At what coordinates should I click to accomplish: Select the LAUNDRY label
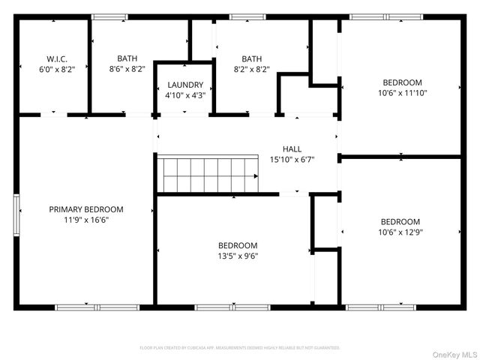pos(184,85)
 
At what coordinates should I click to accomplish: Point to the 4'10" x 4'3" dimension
pos(184,95)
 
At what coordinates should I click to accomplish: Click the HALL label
pos(292,148)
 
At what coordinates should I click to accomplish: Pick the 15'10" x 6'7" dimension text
pos(292,159)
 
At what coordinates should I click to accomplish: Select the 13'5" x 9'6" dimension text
pos(238,256)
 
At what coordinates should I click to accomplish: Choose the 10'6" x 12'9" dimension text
pos(400,232)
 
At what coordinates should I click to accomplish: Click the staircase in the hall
pos(210,175)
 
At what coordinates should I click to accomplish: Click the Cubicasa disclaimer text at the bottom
pos(240,348)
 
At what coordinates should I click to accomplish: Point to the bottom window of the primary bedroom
pos(97,307)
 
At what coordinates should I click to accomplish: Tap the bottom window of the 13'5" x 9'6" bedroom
pos(222,307)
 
